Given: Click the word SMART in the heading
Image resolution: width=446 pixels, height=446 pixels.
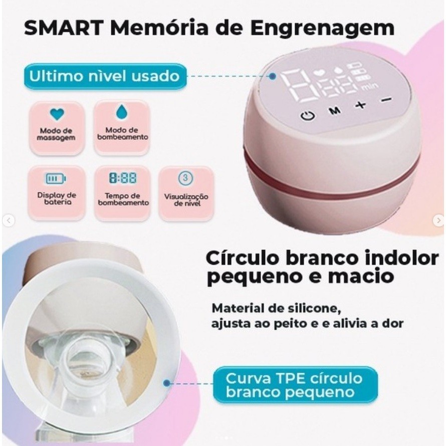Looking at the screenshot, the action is coord(64,28).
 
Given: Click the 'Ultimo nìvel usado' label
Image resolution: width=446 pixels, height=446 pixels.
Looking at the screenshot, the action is coord(105,76).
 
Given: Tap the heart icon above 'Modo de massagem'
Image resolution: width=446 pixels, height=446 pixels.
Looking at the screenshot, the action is coord(57,114).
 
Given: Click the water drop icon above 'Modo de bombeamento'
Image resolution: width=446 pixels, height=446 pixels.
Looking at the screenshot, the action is coord(122,112).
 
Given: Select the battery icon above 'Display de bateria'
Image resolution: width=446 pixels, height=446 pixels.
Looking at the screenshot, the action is coord(56,178).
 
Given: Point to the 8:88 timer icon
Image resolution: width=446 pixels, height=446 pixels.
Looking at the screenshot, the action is coord(123,178).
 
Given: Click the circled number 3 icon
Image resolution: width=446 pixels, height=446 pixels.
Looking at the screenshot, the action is coord(185,178).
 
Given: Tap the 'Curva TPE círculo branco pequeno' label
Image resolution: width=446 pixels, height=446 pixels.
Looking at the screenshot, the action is coord(295,385).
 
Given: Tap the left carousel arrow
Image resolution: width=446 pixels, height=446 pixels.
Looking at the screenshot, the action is coord(9,220).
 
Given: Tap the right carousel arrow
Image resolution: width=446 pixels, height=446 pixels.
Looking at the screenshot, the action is coord(438,220).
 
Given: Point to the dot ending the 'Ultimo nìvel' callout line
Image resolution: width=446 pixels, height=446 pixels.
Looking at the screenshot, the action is coord(273,76).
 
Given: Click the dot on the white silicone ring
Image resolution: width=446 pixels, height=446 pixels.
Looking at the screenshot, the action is coord(167,383).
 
